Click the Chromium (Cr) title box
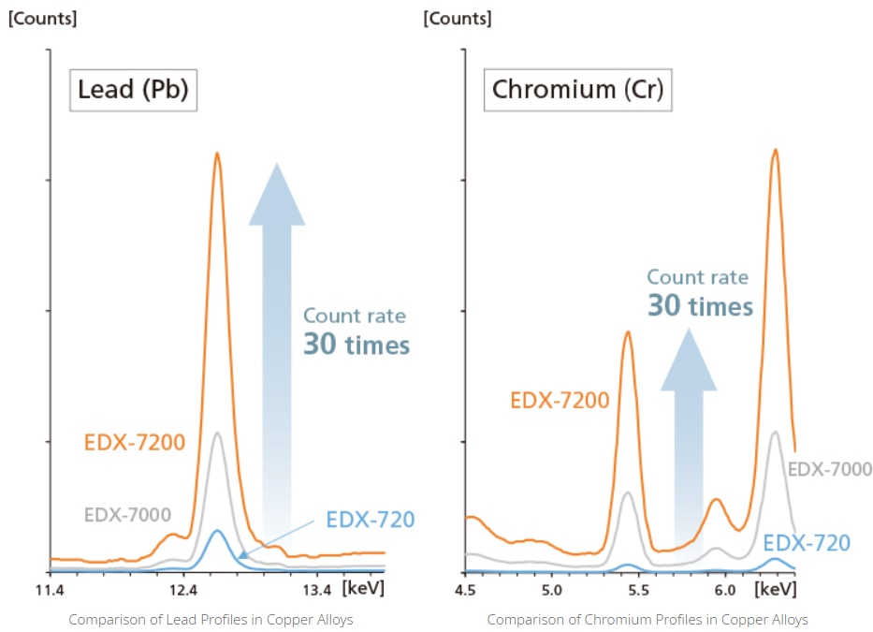pos(577,91)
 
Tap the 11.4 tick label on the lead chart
pos(49,590)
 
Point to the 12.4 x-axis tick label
pos(183,590)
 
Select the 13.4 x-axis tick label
pos(317,590)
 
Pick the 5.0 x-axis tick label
pos(551,590)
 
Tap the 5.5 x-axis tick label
pos(638,590)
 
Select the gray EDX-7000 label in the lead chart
pos(127,514)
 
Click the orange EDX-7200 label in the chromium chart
pos(560,401)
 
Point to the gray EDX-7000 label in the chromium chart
pos(831,470)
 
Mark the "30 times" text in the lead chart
pos(356,345)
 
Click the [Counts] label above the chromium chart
pos(458,18)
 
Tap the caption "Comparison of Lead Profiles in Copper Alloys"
pos(211,620)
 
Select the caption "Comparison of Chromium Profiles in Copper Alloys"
pos(647,620)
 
